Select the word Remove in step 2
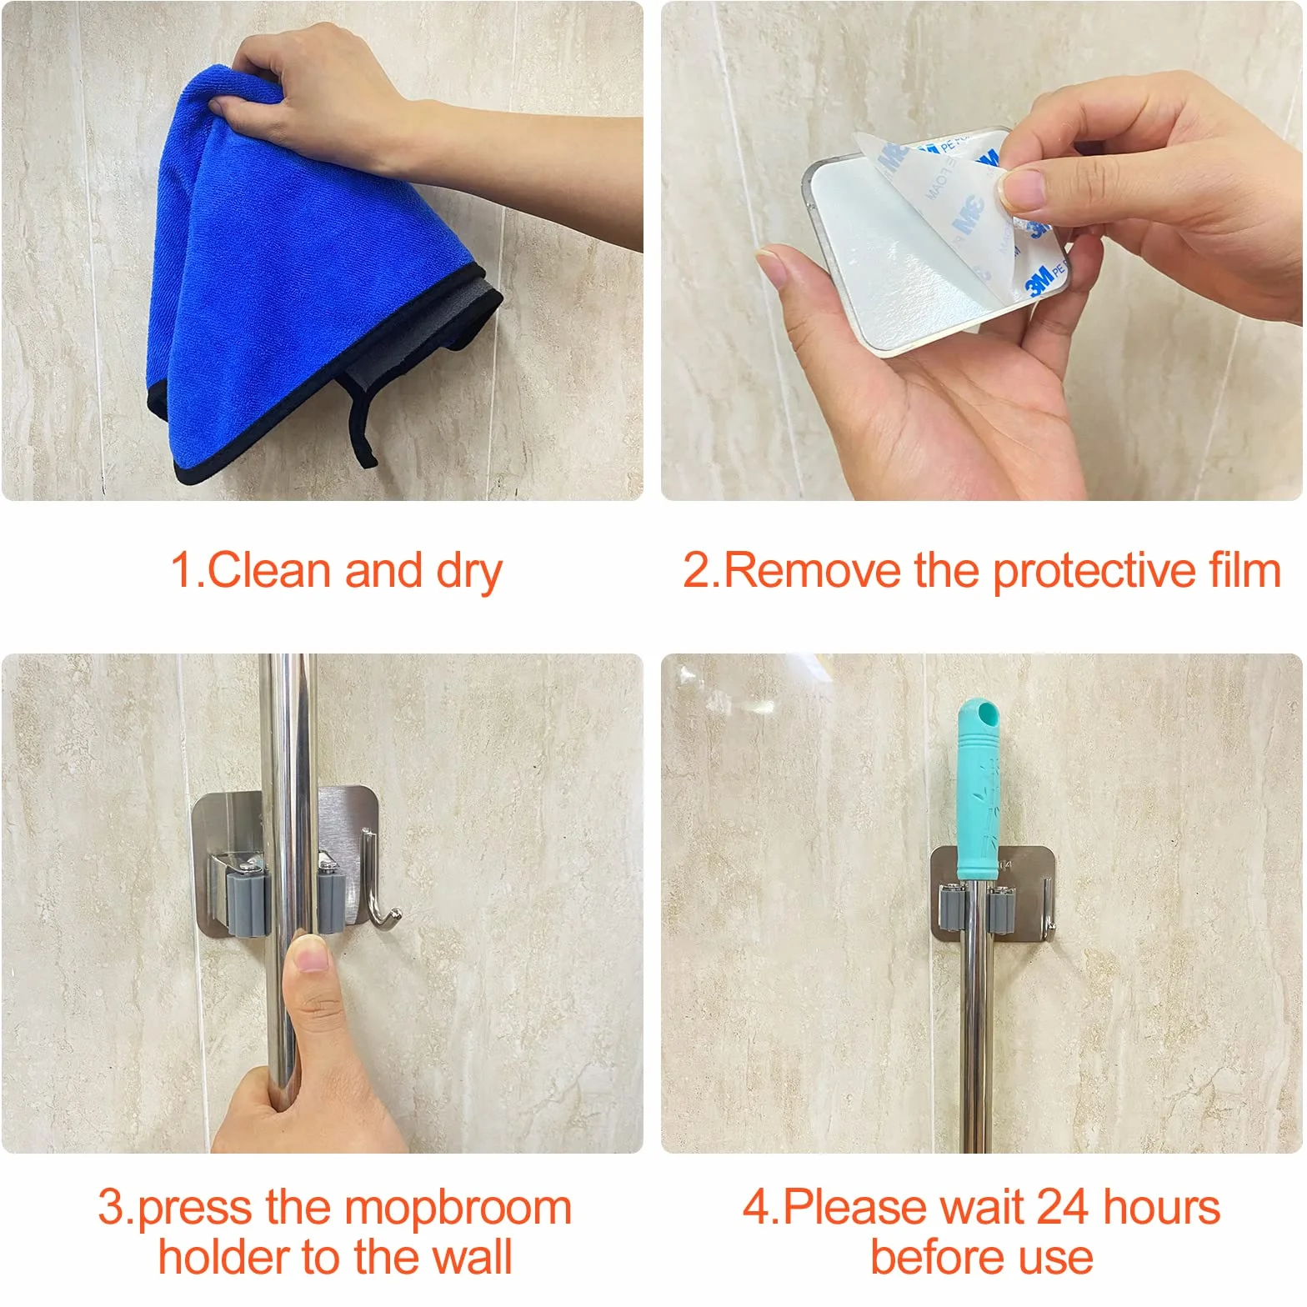(x=812, y=571)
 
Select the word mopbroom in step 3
(x=458, y=1210)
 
